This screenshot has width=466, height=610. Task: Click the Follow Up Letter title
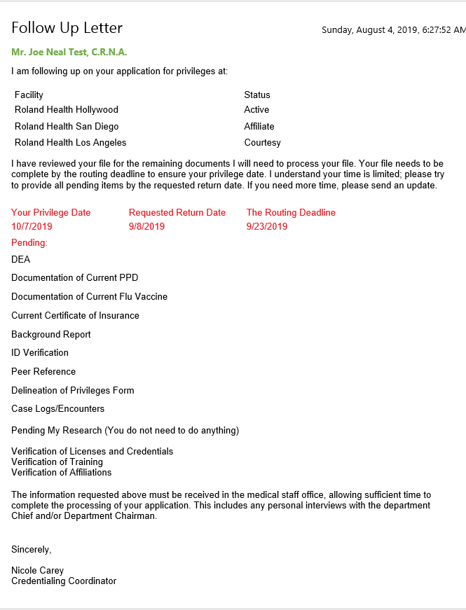click(67, 28)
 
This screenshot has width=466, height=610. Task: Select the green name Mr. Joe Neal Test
click(69, 53)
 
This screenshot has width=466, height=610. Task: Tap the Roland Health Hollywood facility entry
click(67, 110)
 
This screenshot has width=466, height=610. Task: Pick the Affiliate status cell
click(259, 127)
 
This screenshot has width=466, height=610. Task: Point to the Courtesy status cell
click(262, 143)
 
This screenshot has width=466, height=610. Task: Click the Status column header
click(257, 95)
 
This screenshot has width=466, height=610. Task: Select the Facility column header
click(29, 95)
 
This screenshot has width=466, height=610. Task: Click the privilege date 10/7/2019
click(32, 227)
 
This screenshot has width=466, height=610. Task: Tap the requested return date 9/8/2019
click(146, 227)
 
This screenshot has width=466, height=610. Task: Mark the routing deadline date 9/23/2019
click(267, 227)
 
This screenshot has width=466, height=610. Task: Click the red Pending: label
click(29, 243)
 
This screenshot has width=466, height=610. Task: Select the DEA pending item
click(21, 260)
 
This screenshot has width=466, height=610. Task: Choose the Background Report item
click(51, 335)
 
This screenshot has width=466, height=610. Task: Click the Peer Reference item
click(43, 372)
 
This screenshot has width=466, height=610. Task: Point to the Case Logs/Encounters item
click(57, 409)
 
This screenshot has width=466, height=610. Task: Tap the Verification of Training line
click(57, 462)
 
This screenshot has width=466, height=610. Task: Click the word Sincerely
click(31, 550)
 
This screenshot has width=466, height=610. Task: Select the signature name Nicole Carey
click(37, 571)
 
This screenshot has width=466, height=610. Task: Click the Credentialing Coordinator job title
click(64, 581)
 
